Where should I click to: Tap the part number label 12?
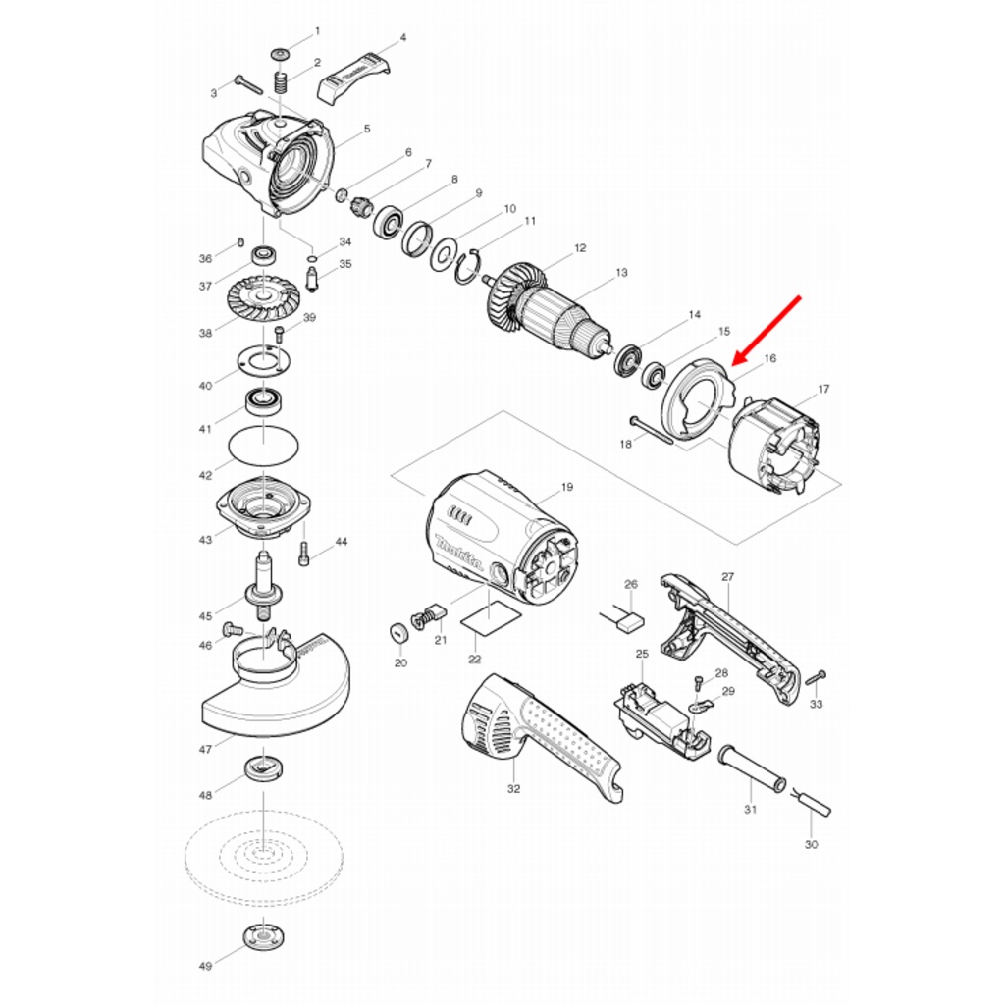(580, 248)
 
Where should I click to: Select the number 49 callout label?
(205, 966)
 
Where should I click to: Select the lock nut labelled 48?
(263, 768)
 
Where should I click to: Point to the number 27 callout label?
(727, 577)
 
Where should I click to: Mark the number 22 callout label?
(475, 659)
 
